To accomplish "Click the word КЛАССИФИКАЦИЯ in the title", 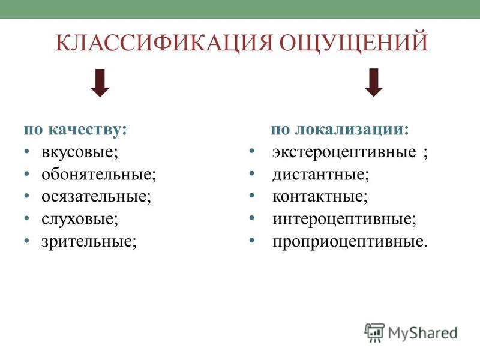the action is pos(164,43).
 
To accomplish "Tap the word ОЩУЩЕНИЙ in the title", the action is pos(353,42).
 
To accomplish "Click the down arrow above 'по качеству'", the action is pos(100,83).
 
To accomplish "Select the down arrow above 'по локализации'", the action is pos(373,83).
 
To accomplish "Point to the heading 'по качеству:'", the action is pos(76,130).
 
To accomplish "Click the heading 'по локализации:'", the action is pos(340,129).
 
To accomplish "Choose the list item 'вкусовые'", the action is pos(80,152).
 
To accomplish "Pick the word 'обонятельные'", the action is pos(99,174).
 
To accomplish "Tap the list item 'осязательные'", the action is pos(97,197).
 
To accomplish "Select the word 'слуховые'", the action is pos(80,219).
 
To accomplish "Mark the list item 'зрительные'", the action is pos(89,242).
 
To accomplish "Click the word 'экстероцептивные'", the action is pos(344,152).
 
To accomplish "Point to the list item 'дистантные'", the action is pos(321,175).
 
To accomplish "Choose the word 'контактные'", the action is pos(320,197).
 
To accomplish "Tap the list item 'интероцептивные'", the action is pos(344,219).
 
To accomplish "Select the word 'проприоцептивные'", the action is pos(350,242).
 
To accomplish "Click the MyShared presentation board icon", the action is pos(374,332).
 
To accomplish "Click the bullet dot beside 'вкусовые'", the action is pos(27,152).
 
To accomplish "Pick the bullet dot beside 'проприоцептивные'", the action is pos(252,241).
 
